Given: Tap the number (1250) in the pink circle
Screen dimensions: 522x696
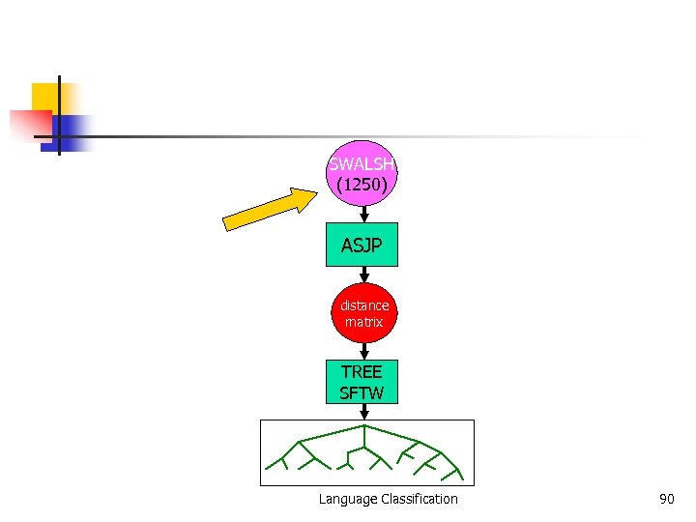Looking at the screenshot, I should click(362, 183).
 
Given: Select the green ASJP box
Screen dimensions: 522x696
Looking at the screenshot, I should click(362, 246).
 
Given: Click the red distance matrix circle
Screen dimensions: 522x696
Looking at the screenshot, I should click(363, 313).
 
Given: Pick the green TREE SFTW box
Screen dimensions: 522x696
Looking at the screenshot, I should click(362, 382).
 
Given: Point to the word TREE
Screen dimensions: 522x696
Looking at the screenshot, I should click(362, 372).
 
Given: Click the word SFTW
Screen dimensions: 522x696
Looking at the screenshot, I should click(362, 393).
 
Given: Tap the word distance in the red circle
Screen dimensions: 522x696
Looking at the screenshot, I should click(363, 305).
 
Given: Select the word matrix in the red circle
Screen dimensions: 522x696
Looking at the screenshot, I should click(363, 322).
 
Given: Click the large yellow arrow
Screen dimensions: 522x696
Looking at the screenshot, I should click(272, 210).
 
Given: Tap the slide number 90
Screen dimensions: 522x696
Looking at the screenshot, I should click(666, 499).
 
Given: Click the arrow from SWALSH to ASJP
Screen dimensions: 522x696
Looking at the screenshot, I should click(362, 213).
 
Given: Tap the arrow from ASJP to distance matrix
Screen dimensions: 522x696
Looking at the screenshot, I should click(362, 275).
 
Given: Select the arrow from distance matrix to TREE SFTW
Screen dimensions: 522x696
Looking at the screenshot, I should click(363, 351).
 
